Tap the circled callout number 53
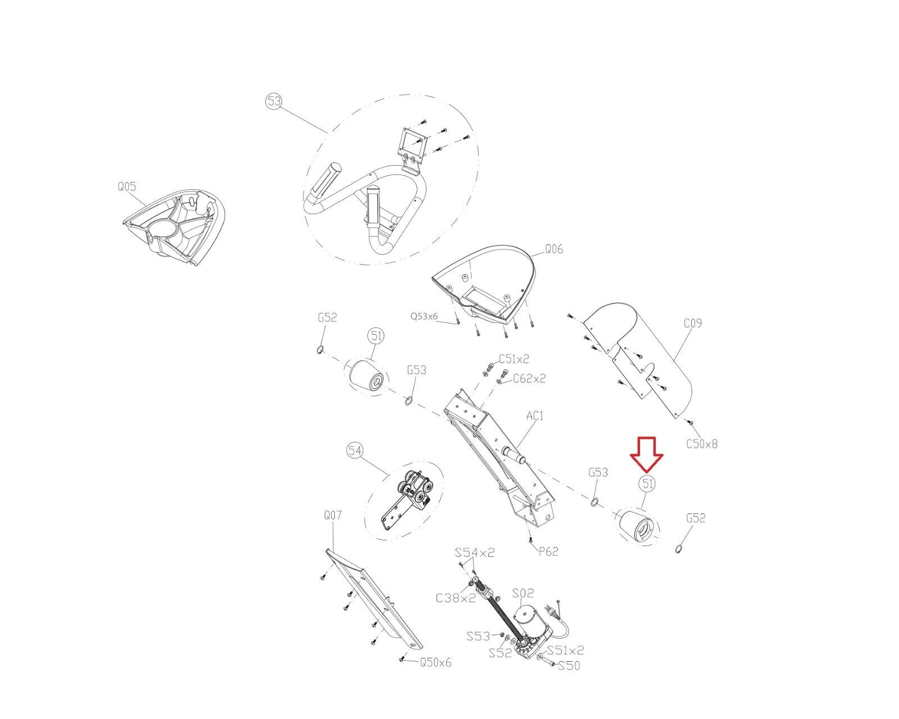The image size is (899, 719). tap(274, 102)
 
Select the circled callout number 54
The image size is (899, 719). tap(355, 450)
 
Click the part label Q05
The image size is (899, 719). tap(127, 186)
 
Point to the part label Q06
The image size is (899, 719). tap(554, 249)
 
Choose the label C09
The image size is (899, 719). tap(693, 323)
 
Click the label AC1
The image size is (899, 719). tap(535, 416)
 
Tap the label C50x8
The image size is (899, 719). tap(702, 444)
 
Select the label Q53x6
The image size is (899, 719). tap(424, 316)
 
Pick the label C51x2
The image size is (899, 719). tap(514, 358)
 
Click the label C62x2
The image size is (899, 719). tap(529, 379)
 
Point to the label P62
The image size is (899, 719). tap(548, 552)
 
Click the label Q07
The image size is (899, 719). tap(333, 516)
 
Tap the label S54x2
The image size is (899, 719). tap(475, 552)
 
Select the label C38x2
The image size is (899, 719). tap(456, 598)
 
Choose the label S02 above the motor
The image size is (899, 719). tap(523, 593)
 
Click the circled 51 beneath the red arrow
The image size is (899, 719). tap(647, 484)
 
